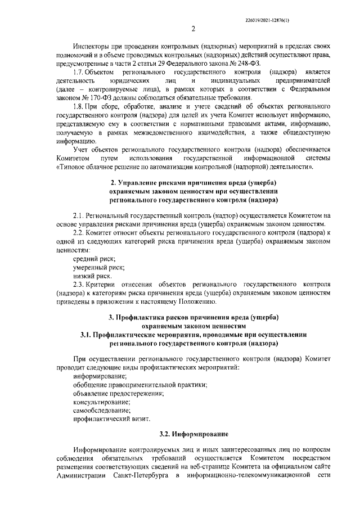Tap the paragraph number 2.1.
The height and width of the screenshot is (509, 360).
coord(80,215)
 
